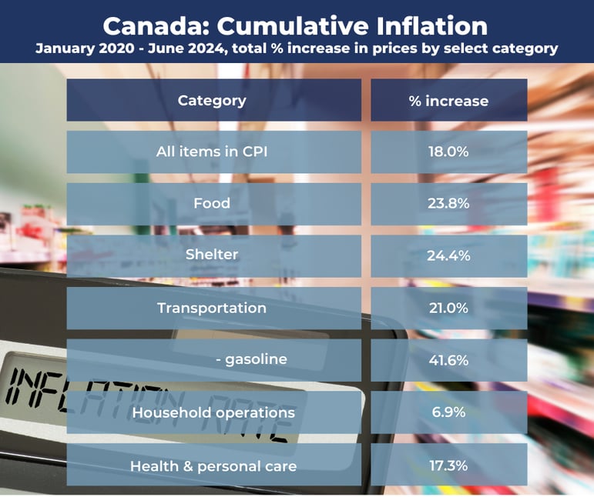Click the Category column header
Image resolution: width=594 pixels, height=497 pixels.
212,100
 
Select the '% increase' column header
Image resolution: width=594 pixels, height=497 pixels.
448,101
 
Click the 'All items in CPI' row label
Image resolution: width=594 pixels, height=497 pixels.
212,152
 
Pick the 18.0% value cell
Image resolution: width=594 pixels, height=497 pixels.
448,152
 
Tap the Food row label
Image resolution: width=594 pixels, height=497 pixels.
212,203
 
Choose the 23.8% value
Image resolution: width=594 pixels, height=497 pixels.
448,203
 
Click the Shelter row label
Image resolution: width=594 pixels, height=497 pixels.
212,255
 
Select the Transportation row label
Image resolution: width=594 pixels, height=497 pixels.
212,308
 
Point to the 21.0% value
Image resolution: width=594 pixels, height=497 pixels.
448,308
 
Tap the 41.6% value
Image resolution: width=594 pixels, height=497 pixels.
448,359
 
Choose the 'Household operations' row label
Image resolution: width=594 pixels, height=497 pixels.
213,412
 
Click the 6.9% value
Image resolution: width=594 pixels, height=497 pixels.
448,412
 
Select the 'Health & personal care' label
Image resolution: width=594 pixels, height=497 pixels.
213,465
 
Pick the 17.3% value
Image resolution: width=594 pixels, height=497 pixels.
448,465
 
